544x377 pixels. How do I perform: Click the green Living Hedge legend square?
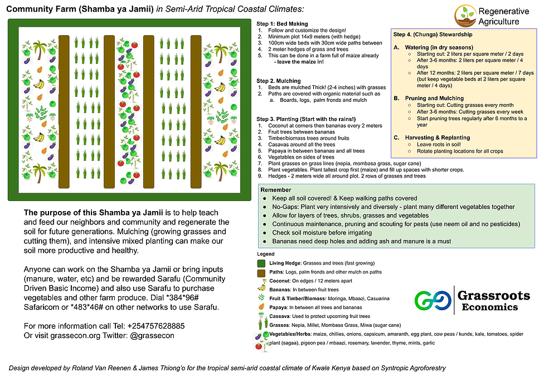261,263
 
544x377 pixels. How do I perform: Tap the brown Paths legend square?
261,272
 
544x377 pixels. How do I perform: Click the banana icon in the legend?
261,288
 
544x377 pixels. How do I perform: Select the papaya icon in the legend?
261,307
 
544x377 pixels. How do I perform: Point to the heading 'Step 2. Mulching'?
279,81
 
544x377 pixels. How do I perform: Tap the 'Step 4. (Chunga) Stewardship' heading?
433,34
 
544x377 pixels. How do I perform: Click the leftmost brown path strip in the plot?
64,111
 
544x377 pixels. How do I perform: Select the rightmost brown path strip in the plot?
196,111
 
